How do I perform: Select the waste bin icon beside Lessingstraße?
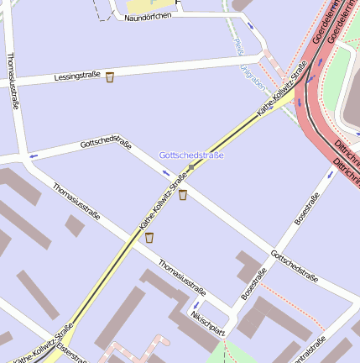110,77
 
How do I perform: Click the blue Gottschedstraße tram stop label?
191,155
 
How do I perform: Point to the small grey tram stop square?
191,167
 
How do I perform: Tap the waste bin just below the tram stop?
182,195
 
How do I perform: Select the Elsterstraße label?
71,353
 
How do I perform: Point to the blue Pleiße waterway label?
239,46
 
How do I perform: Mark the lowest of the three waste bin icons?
149,238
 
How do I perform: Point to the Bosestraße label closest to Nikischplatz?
253,284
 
